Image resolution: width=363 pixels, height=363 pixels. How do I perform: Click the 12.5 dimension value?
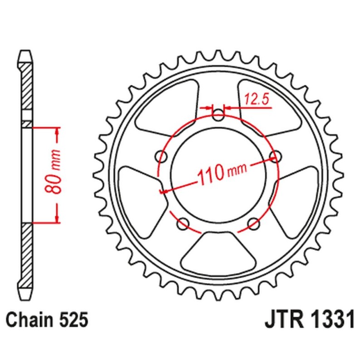256,98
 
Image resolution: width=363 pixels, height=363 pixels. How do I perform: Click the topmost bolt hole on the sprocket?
219,116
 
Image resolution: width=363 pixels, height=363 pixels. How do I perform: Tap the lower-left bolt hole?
184,223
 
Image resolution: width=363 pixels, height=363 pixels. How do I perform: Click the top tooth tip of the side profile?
26,53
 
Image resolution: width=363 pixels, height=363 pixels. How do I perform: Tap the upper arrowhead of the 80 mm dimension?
57,132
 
